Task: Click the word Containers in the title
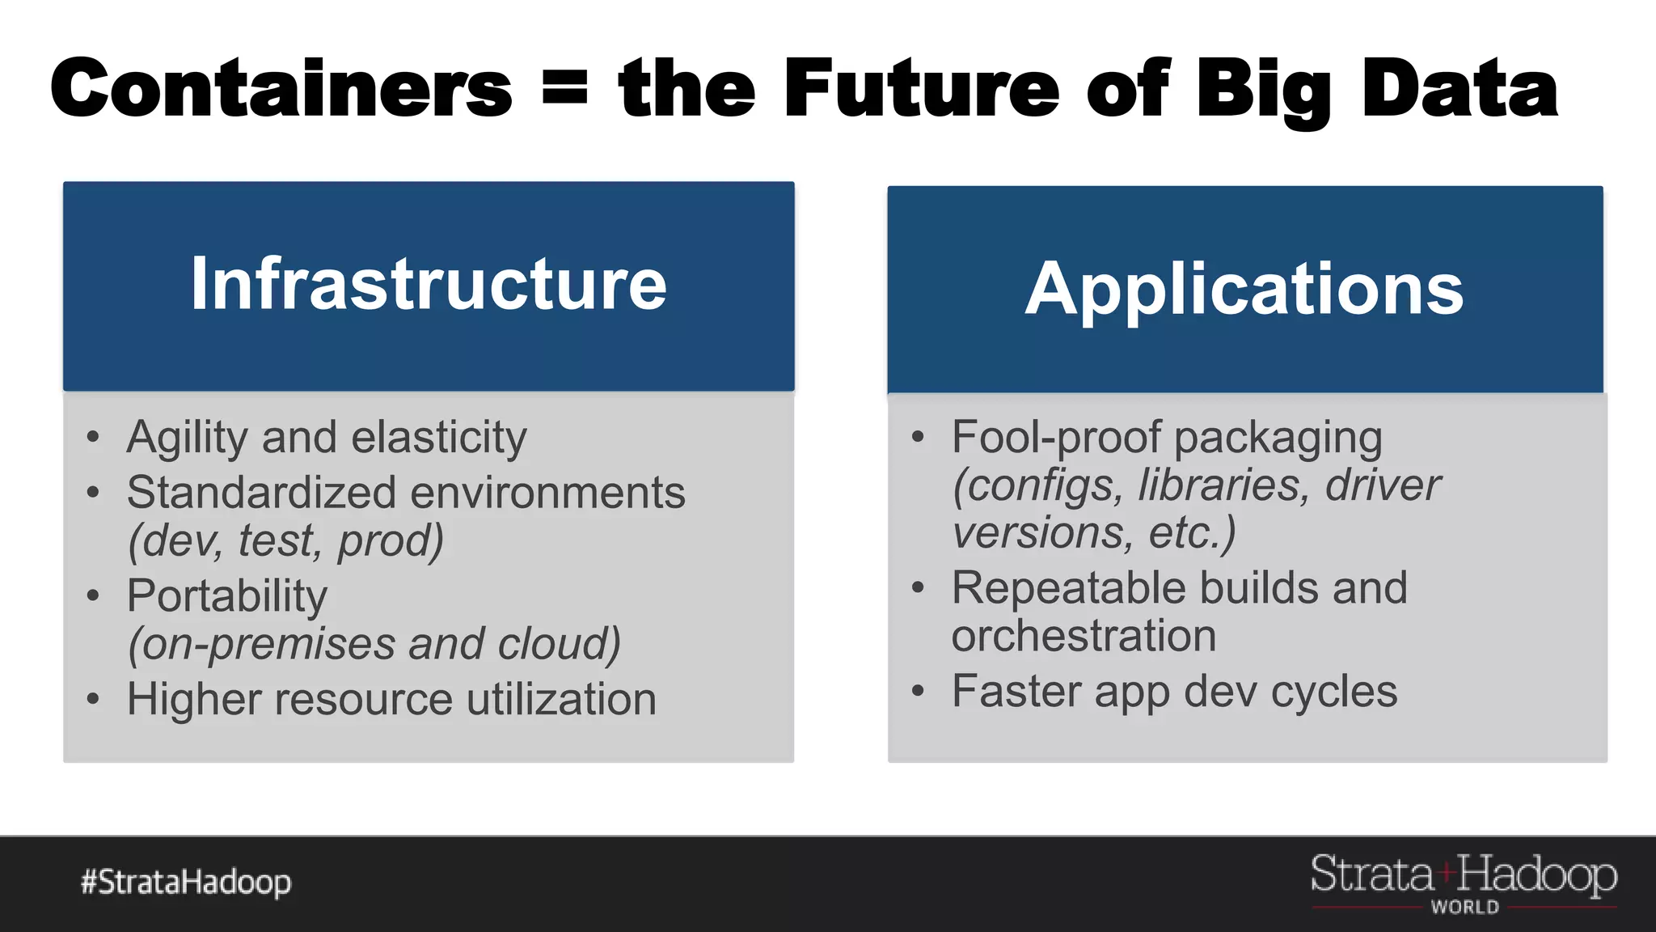click(281, 88)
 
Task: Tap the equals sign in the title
click(564, 87)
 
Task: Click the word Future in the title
click(921, 88)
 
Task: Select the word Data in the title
click(1460, 88)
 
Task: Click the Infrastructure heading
click(429, 284)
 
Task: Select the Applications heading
click(1244, 289)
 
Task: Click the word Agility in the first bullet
click(187, 438)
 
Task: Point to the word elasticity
click(439, 438)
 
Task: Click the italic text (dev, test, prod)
click(286, 540)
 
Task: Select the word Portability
click(227, 597)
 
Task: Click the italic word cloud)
click(559, 644)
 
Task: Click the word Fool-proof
click(1056, 438)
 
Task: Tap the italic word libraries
click(1221, 485)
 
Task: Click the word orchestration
click(1084, 636)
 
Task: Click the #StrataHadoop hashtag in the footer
click(186, 882)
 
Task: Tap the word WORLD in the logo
click(1464, 908)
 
